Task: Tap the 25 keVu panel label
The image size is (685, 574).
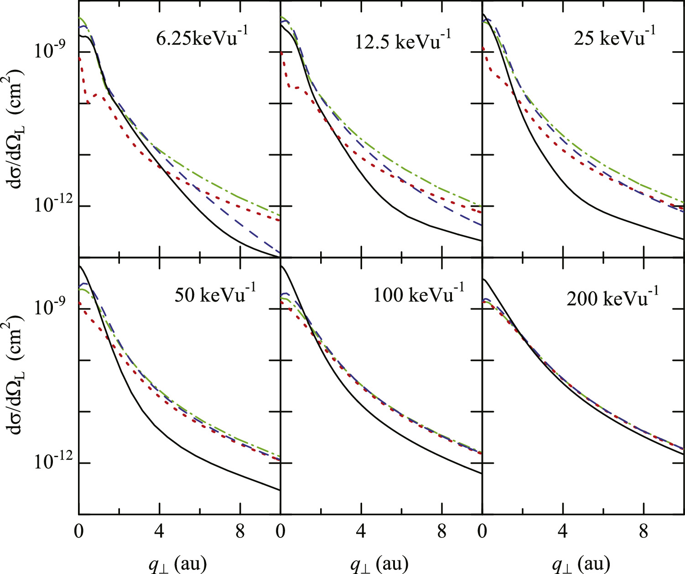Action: point(614,37)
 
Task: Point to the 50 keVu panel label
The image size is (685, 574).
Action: point(215,294)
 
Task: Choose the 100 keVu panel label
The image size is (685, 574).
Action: point(418,294)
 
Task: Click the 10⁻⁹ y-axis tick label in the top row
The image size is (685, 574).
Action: point(51,50)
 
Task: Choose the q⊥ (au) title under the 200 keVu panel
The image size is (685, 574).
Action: point(581,564)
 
